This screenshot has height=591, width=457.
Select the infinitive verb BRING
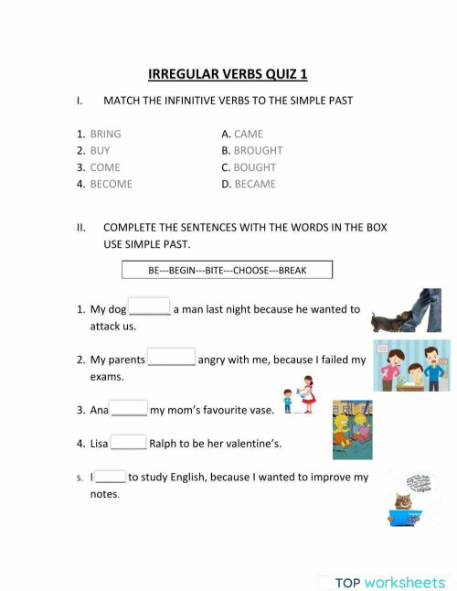(105, 134)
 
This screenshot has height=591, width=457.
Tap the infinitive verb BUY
(100, 151)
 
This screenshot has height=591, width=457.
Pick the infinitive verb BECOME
(111, 184)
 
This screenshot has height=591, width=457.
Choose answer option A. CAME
(242, 134)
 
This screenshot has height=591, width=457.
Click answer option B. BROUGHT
(252, 151)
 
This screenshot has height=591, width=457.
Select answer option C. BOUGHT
(249, 167)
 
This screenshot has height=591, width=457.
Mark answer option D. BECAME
(249, 184)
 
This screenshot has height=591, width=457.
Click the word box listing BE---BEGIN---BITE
(227, 270)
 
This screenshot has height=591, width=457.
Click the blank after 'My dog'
(149, 307)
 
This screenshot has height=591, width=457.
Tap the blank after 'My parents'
(171, 358)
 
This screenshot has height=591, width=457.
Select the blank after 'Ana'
(129, 409)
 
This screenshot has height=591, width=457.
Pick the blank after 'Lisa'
(128, 442)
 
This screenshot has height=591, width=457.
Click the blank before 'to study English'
(111, 476)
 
